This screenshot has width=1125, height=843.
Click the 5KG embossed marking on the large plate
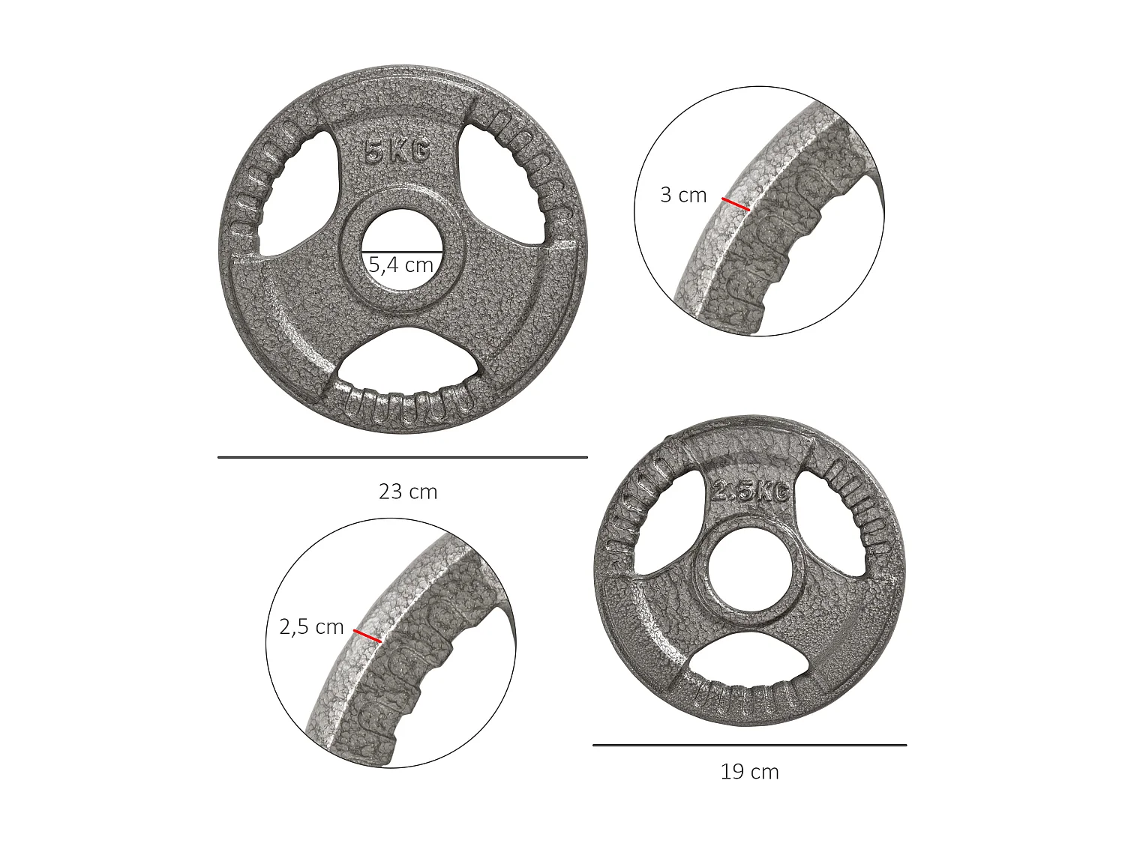click(396, 152)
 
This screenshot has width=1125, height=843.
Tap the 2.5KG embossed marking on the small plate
click(750, 492)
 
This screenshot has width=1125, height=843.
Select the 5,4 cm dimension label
click(401, 265)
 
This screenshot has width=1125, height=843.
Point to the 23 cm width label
click(407, 492)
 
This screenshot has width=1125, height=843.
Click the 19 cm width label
click(749, 772)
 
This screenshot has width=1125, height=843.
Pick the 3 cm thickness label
click(683, 195)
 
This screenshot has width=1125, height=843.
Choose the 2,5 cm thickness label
click(311, 626)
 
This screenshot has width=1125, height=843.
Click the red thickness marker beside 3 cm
click(735, 204)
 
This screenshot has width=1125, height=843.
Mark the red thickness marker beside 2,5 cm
click(367, 636)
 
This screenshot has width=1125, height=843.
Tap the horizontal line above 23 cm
click(403, 456)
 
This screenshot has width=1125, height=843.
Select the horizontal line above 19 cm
click(749, 745)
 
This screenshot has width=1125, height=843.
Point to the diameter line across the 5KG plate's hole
click(402, 251)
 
